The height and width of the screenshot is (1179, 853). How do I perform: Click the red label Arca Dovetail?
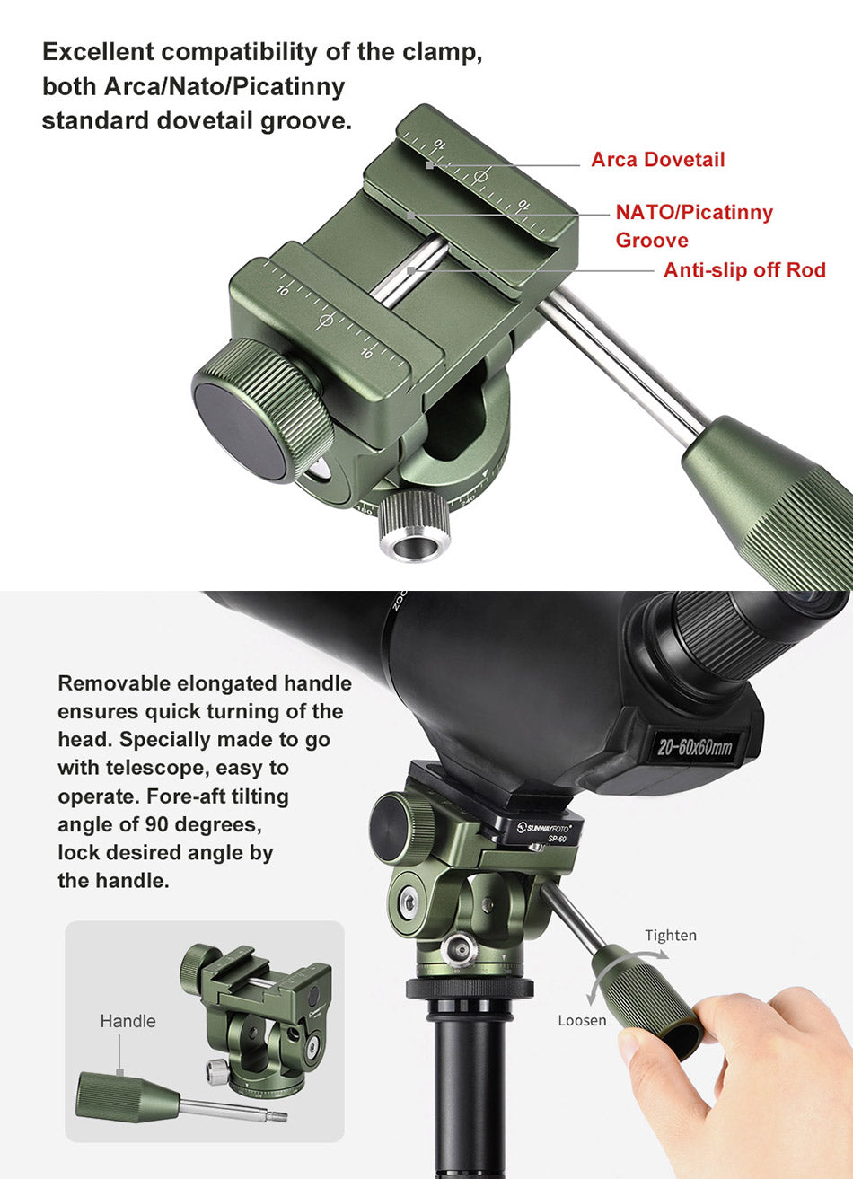click(x=658, y=160)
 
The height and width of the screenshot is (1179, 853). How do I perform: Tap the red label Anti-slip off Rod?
click(x=744, y=270)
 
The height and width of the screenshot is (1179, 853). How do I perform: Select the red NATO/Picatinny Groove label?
click(x=694, y=225)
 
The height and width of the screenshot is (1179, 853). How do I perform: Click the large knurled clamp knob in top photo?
click(x=263, y=410)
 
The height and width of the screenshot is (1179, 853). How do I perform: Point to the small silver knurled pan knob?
click(x=415, y=526)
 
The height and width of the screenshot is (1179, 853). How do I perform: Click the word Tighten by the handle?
click(x=671, y=936)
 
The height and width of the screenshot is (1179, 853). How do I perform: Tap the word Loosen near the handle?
click(x=582, y=1021)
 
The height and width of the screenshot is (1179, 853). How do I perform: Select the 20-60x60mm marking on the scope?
click(x=695, y=747)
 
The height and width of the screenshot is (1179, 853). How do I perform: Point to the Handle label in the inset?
click(x=128, y=1022)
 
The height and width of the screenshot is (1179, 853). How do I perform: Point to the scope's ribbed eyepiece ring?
click(x=732, y=634)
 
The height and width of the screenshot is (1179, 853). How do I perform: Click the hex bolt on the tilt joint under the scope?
click(x=409, y=903)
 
